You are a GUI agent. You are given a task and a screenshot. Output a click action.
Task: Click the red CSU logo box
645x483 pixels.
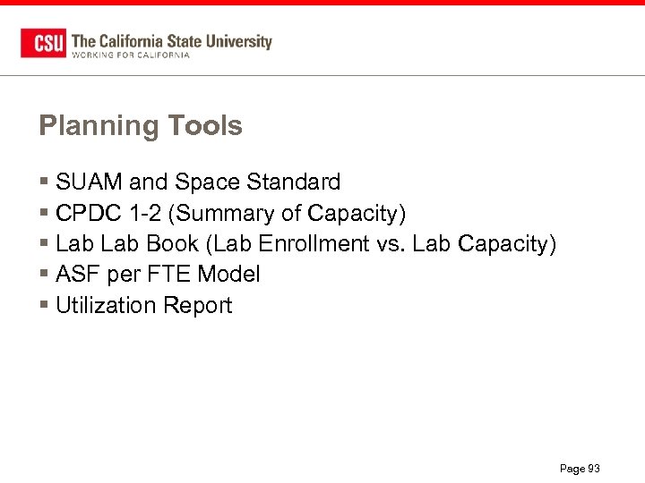point(42,43)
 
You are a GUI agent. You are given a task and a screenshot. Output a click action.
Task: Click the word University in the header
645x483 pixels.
point(238,40)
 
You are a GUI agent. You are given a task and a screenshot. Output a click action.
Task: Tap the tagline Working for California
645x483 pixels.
point(130,55)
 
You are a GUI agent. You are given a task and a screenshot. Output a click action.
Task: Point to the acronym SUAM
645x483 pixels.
point(89,182)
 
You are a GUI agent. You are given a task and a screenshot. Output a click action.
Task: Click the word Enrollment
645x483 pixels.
point(309,244)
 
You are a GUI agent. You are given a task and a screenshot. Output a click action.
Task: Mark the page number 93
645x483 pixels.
point(593,469)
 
